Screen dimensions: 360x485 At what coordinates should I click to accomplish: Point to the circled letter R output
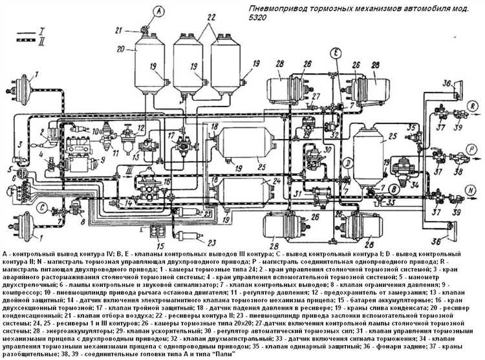[473, 103]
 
